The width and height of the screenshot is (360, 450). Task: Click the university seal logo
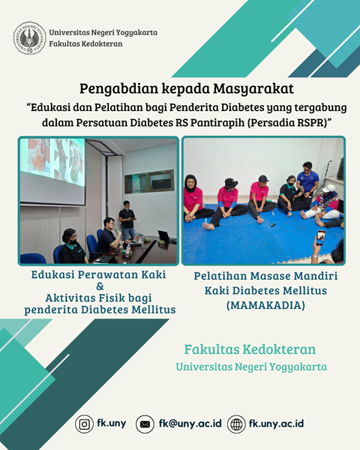pyautogui.click(x=29, y=38)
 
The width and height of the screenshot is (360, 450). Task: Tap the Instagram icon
pyautogui.click(x=84, y=424)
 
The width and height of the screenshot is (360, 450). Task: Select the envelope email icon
pyautogui.click(x=145, y=424)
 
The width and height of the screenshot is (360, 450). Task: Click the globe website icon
pyautogui.click(x=236, y=424)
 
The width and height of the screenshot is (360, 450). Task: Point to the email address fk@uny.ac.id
pyautogui.click(x=190, y=424)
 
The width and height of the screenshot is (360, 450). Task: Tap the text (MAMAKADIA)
pyautogui.click(x=265, y=305)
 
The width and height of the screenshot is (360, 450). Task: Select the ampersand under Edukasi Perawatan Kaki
pyautogui.click(x=100, y=286)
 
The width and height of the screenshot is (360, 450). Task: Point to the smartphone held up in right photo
pyautogui.click(x=320, y=238)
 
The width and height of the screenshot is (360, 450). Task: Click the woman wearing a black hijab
pyautogui.click(x=195, y=199)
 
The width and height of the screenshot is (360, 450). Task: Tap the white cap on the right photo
pyautogui.click(x=329, y=188)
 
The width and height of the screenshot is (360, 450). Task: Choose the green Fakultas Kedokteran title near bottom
pyautogui.click(x=250, y=349)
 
